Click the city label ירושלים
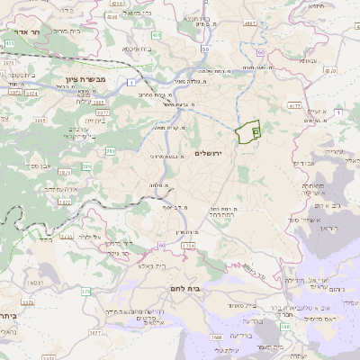pyautogui.click(x=213, y=154)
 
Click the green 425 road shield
pyautogui.click(x=9, y=43)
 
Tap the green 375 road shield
pyautogui.click(x=85, y=291)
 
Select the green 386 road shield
pyautogui.click(x=87, y=166)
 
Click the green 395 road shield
pyautogui.click(x=110, y=151)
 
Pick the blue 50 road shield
pyautogui.click(x=205, y=49)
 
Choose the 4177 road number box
pyautogui.click(x=294, y=106)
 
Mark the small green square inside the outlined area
pyautogui.click(x=256, y=132)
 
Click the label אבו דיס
pyautogui.click(x=304, y=164)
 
